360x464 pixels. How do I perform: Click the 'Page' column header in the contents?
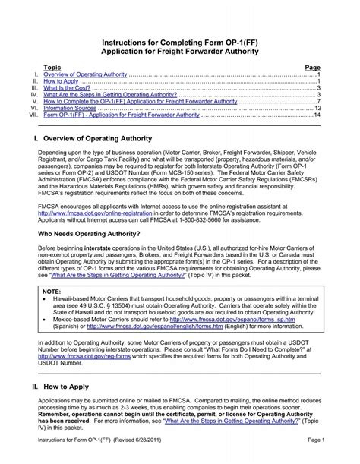click(312, 68)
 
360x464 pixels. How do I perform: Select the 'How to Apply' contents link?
click(61, 81)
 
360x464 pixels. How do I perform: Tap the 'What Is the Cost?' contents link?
click(67, 88)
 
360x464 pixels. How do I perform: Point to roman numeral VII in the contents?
click(32, 115)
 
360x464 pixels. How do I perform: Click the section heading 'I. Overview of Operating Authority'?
click(98, 140)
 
